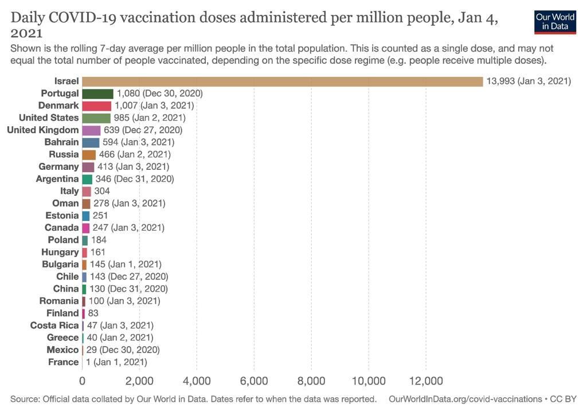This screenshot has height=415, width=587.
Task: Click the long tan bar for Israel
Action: pos(282,81)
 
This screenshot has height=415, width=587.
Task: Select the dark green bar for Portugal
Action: pos(97,94)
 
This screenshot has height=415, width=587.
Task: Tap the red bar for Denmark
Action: pos(96,106)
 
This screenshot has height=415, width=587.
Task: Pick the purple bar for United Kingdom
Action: pos(91,130)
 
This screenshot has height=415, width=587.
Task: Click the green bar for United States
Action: pos(96,118)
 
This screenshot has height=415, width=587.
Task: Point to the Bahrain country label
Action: pos(61,142)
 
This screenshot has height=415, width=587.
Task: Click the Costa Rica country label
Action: pos(54,325)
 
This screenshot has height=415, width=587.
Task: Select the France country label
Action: pos(64,362)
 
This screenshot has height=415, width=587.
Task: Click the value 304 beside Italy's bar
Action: pos(102,191)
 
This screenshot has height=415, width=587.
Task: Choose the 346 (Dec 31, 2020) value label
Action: pos(135,179)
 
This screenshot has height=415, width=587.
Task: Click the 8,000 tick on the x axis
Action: pos(311,381)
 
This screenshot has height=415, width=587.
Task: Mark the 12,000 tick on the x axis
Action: pos(425,381)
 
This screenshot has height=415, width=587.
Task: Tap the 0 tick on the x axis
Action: pos(83,381)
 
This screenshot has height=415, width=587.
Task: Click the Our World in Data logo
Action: pos(554,22)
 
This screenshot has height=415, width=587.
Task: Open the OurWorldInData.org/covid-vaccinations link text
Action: pos(464,398)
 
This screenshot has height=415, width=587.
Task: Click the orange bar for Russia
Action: pos(89,154)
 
